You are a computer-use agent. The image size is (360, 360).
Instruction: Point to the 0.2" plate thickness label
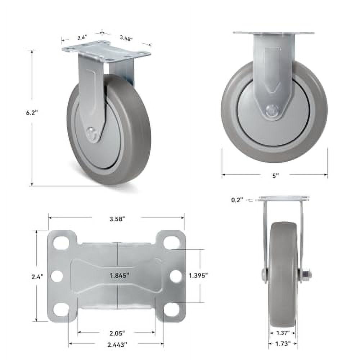pyautogui.click(x=237, y=200)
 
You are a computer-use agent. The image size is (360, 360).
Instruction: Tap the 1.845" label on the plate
pyautogui.click(x=120, y=275)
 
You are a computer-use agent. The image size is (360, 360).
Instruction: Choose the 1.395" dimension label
pyautogui.click(x=198, y=275)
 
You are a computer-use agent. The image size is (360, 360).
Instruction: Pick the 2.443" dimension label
pyautogui.click(x=117, y=345)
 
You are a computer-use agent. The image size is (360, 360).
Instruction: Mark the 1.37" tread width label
pyautogui.click(x=283, y=333)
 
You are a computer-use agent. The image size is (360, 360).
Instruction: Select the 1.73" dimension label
pyautogui.click(x=283, y=344)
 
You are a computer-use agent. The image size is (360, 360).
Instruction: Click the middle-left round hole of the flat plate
pyautogui.click(x=57, y=276)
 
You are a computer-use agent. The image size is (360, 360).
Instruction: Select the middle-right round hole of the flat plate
pyautogui.click(x=175, y=276)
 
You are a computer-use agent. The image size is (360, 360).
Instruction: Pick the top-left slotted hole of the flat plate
pyautogui.click(x=62, y=243)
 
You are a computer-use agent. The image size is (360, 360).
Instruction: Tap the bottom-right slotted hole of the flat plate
pyautogui.click(x=171, y=309)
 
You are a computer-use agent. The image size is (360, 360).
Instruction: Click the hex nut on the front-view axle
pyautogui.click(x=306, y=276)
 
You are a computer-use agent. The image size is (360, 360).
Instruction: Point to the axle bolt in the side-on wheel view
pyautogui.click(x=273, y=112)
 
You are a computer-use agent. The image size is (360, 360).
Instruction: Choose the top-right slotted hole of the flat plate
pyautogui.click(x=171, y=243)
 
